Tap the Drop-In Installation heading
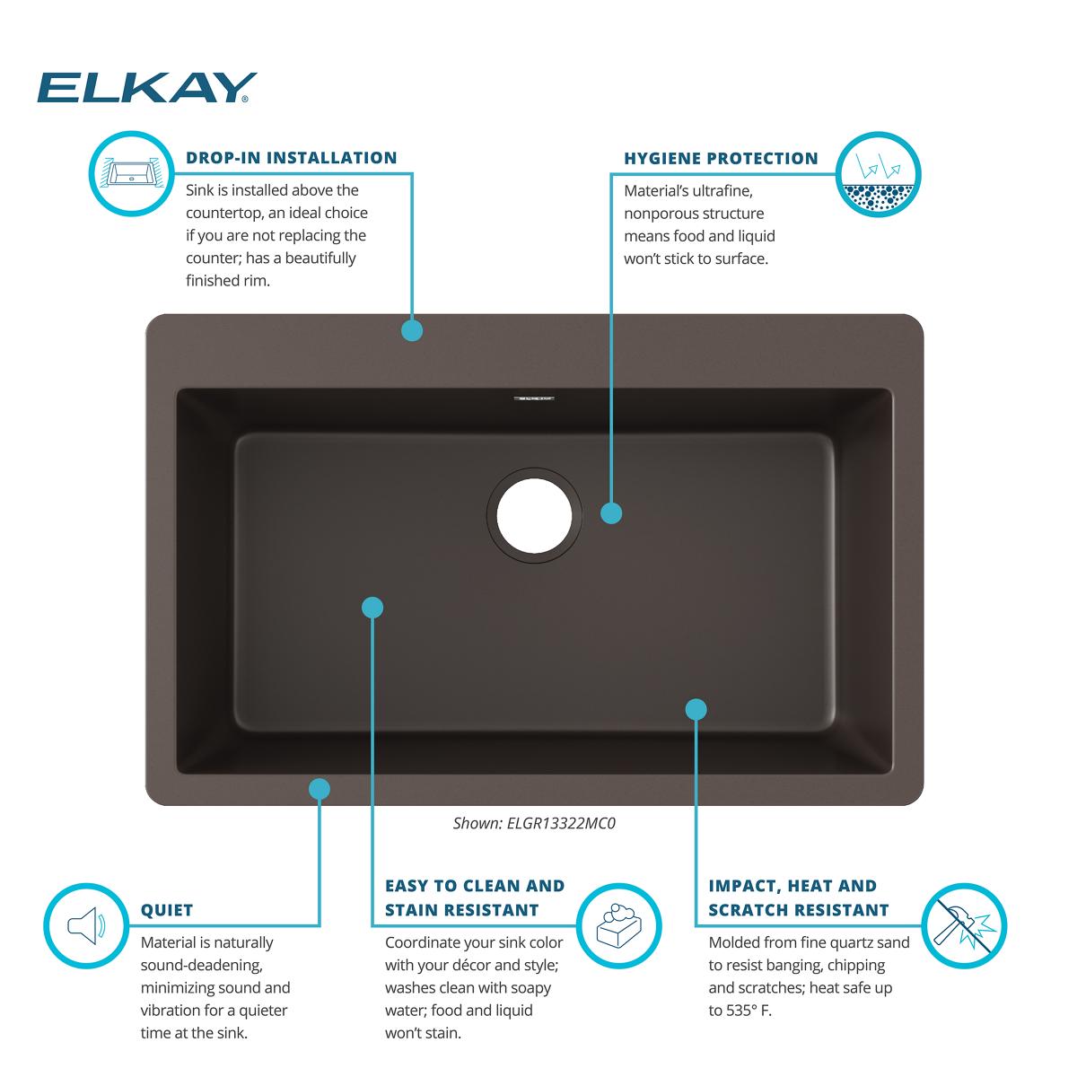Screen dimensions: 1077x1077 pos(291,158)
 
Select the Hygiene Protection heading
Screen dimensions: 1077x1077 pos(721,159)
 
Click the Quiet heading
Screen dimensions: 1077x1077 pos(167,910)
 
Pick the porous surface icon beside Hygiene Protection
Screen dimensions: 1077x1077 pos(879,174)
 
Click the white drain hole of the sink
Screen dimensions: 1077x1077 pos(533,512)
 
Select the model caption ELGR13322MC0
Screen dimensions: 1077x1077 pos(534,822)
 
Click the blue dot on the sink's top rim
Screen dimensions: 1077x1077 pos(412,330)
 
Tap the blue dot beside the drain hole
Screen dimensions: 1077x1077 pos(611,512)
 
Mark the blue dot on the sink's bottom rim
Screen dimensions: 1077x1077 pos(320,789)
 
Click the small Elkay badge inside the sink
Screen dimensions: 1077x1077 pos(534,397)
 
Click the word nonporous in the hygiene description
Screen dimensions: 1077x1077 pos(665,214)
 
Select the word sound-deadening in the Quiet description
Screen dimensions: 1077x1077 pos(201,966)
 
